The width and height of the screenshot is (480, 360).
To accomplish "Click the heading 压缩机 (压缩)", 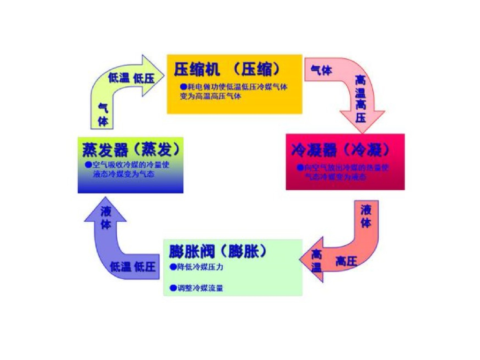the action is coord(227,69).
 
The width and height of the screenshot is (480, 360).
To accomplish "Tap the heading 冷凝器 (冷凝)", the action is coord(340,150).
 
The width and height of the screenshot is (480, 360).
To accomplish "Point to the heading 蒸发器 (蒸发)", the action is coord(131,150).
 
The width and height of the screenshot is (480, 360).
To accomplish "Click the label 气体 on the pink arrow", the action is coord(322,70).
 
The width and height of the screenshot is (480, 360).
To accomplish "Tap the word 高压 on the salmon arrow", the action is coord(346,262).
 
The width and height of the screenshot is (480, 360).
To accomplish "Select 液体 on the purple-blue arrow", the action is coord(106,218).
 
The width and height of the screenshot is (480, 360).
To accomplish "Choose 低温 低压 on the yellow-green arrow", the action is coord(131,78).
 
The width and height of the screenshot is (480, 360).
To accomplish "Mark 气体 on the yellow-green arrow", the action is coord(103,114).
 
